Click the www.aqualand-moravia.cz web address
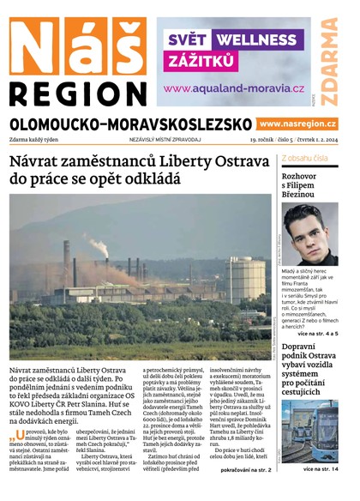[234, 88]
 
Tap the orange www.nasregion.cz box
[297, 124]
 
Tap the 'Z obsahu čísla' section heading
[304, 159]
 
